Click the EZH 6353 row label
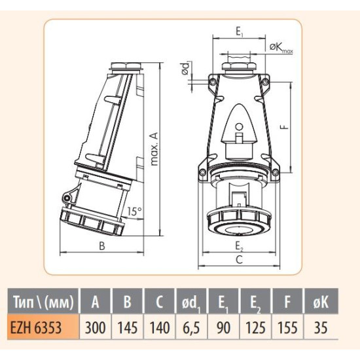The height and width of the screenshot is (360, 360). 36,327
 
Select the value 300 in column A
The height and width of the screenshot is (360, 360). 96,327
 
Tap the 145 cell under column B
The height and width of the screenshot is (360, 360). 128,327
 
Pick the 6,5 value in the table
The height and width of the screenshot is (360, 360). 192,328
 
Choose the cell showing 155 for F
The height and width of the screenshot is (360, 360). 287,327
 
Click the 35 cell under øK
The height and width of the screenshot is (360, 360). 321,327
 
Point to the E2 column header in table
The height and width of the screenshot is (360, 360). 255,303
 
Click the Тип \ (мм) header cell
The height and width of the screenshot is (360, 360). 43,302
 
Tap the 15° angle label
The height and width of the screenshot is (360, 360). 134,211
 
